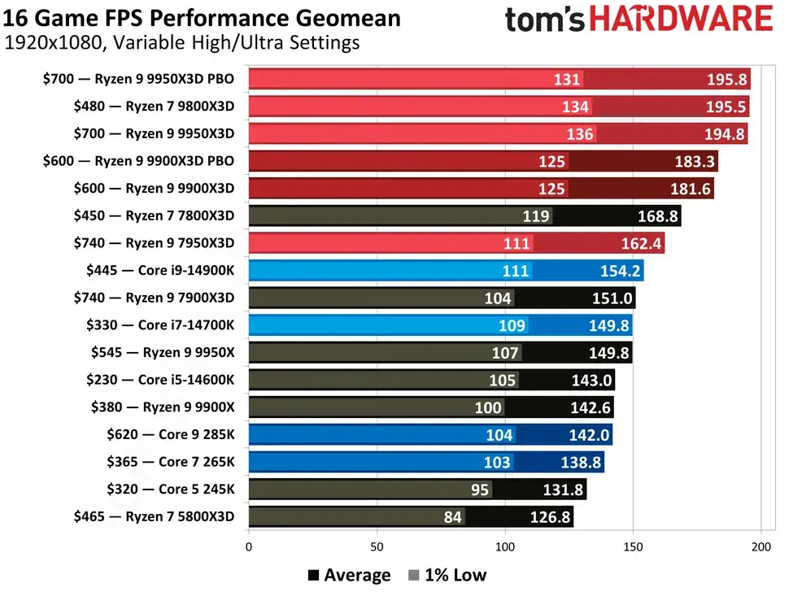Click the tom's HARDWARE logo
(x=638, y=19)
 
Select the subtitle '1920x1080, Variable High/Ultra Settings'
(x=182, y=43)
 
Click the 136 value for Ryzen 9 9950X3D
(x=579, y=134)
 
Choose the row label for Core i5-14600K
(x=159, y=380)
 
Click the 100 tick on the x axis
(x=505, y=547)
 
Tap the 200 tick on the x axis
(x=761, y=547)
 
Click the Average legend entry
(x=350, y=576)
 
